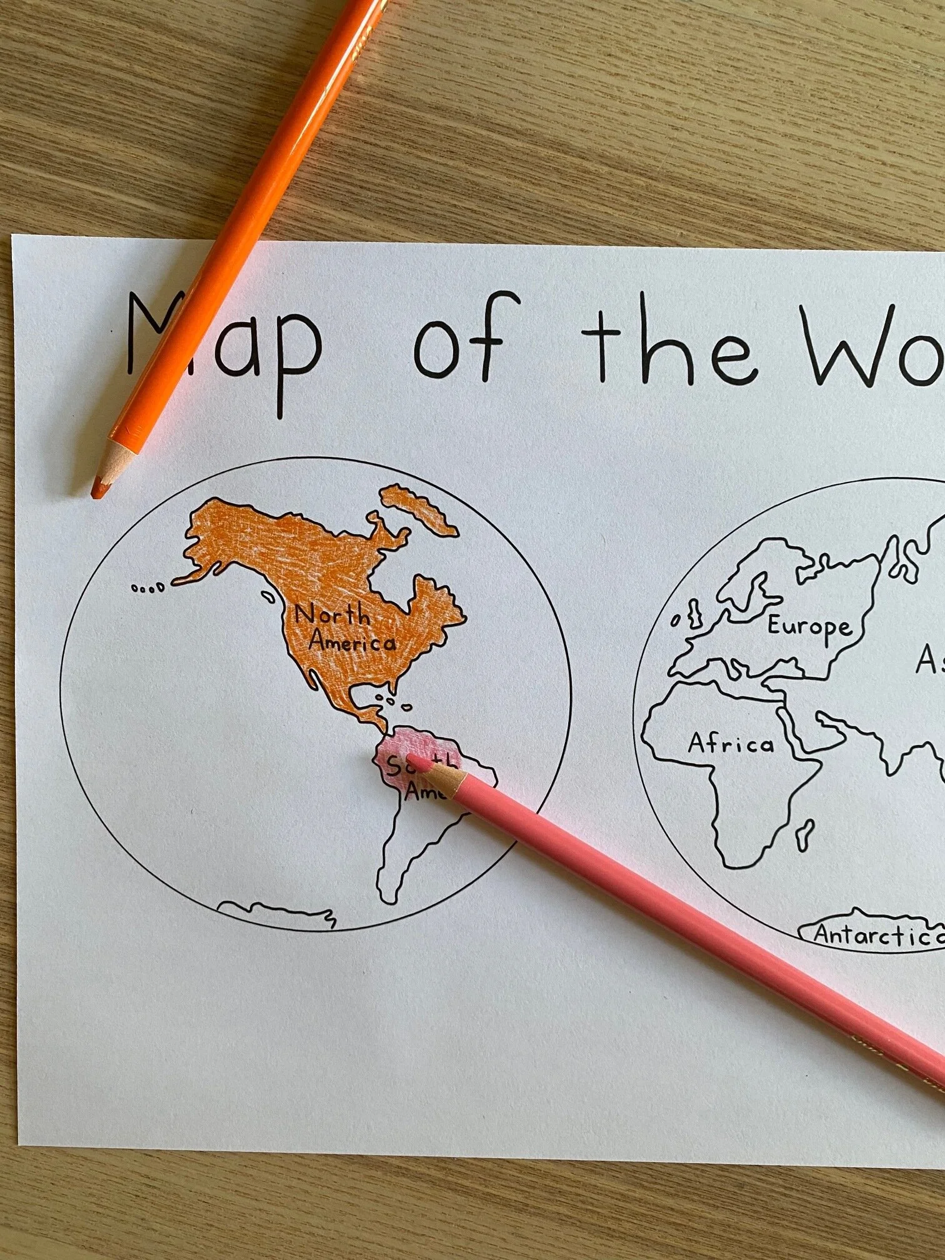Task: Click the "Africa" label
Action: point(731,744)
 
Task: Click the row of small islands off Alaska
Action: point(147,587)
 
